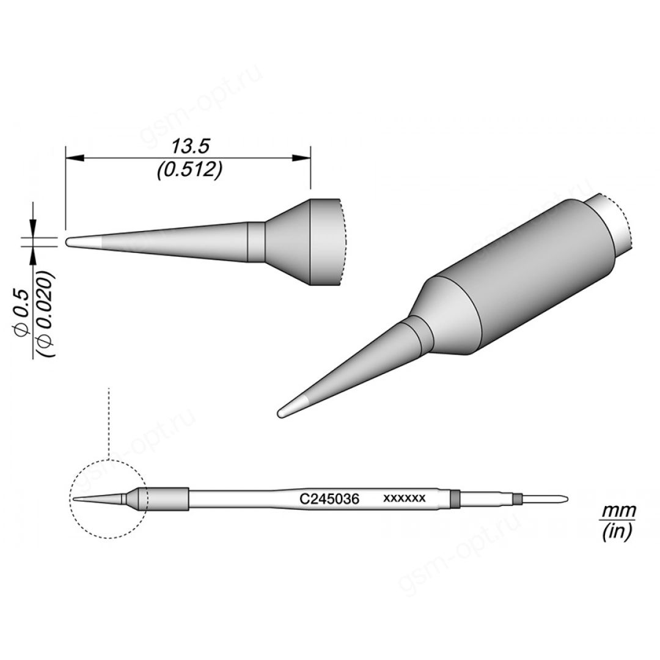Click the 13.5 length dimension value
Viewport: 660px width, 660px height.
pyautogui.click(x=189, y=148)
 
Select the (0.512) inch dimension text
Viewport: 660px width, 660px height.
pyautogui.click(x=189, y=172)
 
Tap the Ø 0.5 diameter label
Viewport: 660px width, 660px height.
pyautogui.click(x=23, y=307)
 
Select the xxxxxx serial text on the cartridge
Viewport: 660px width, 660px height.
pyautogui.click(x=405, y=498)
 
